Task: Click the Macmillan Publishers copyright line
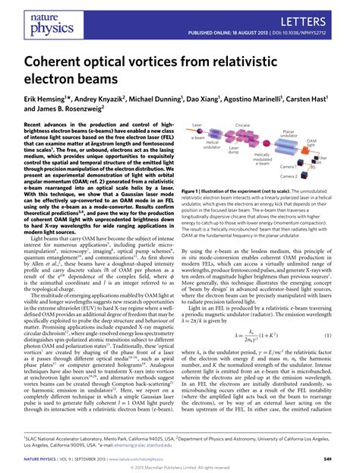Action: click(180, 467)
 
